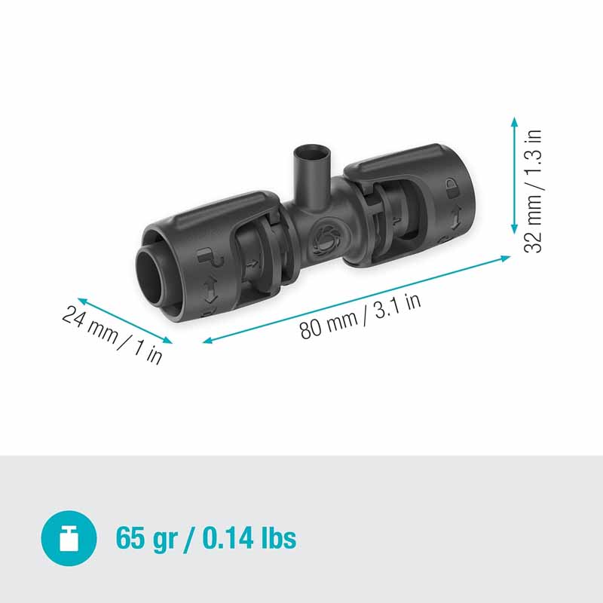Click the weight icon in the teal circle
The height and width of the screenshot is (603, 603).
69,537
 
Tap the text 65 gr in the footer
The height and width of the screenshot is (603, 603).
146,539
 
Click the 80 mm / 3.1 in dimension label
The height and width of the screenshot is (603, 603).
360,317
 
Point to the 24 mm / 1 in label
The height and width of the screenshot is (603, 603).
112,334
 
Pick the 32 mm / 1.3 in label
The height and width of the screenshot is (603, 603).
533,191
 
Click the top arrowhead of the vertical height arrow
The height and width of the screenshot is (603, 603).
514,122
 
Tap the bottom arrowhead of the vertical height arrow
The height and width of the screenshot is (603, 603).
514,229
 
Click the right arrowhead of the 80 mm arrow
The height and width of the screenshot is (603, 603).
505,258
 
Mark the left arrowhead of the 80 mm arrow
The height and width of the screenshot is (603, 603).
208,340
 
